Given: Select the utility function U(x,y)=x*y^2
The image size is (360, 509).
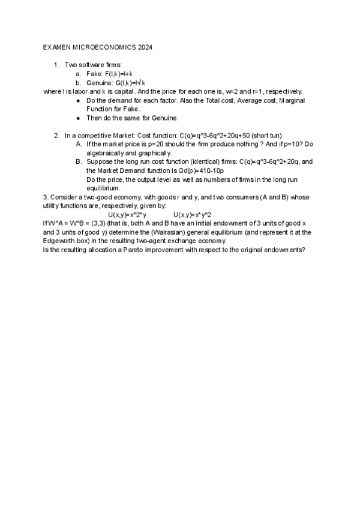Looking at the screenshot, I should (x=192, y=214).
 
